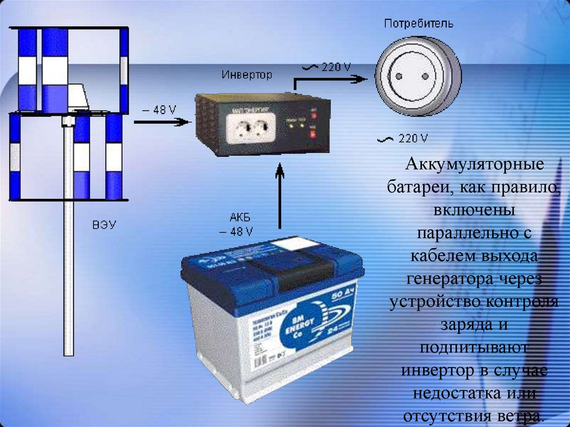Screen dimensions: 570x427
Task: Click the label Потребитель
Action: tap(419, 24)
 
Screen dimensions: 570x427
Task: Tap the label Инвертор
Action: tap(247, 74)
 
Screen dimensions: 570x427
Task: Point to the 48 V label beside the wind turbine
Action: tap(158, 110)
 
